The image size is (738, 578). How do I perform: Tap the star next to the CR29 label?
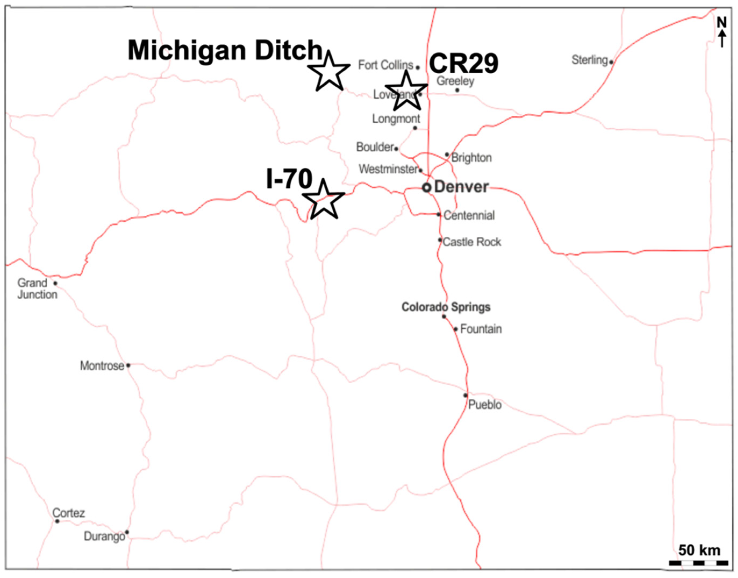(406, 92)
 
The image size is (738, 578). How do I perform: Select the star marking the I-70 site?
(324, 201)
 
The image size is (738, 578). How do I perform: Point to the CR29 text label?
(464, 63)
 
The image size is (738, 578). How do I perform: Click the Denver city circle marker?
(427, 188)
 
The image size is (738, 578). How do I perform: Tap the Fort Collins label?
(385, 65)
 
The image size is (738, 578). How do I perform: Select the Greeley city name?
(455, 81)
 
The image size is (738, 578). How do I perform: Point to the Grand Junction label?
(37, 289)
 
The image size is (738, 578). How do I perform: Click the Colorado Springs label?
(446, 307)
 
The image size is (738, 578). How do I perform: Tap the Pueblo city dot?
(465, 395)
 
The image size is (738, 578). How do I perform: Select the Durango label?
(104, 536)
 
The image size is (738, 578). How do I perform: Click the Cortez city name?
(68, 513)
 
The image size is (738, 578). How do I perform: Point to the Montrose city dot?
(128, 365)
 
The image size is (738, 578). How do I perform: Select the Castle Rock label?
(472, 242)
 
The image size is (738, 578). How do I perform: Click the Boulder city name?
(375, 147)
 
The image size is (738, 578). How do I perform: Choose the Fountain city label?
(481, 329)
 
